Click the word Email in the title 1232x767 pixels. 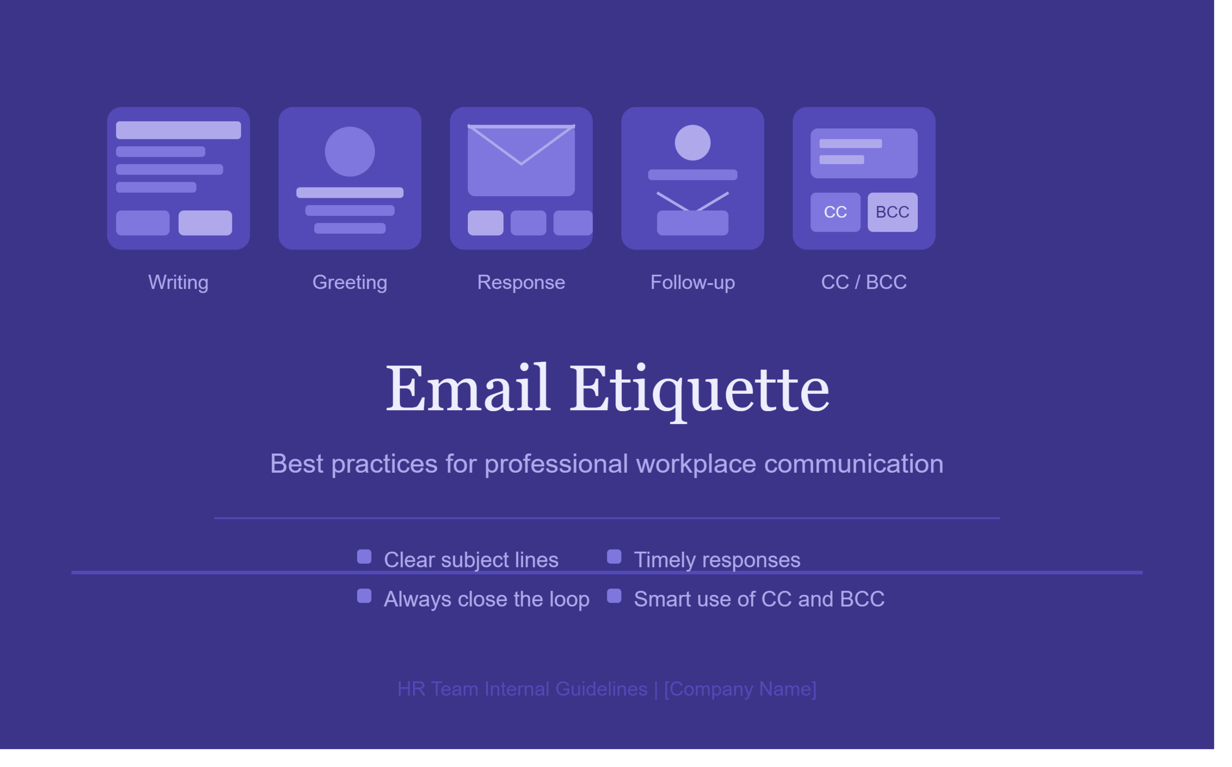[x=468, y=390]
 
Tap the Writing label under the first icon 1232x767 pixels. [x=179, y=283]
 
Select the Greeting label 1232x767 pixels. [x=350, y=283]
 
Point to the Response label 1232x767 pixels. [x=522, y=283]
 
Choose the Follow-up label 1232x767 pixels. [x=693, y=283]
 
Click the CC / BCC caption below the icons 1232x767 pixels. [x=865, y=283]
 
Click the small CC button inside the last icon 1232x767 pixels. [x=836, y=213]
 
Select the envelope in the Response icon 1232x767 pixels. [x=522, y=160]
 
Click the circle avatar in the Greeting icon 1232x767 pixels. [x=350, y=151]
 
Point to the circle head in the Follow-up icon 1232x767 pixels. [x=693, y=143]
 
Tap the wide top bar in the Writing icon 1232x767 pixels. [x=179, y=130]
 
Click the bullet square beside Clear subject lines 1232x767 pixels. [x=364, y=557]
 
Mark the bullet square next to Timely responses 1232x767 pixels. [x=615, y=557]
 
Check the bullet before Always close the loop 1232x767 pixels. [x=364, y=597]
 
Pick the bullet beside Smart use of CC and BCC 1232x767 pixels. [x=615, y=597]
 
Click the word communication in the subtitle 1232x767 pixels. [x=854, y=464]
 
